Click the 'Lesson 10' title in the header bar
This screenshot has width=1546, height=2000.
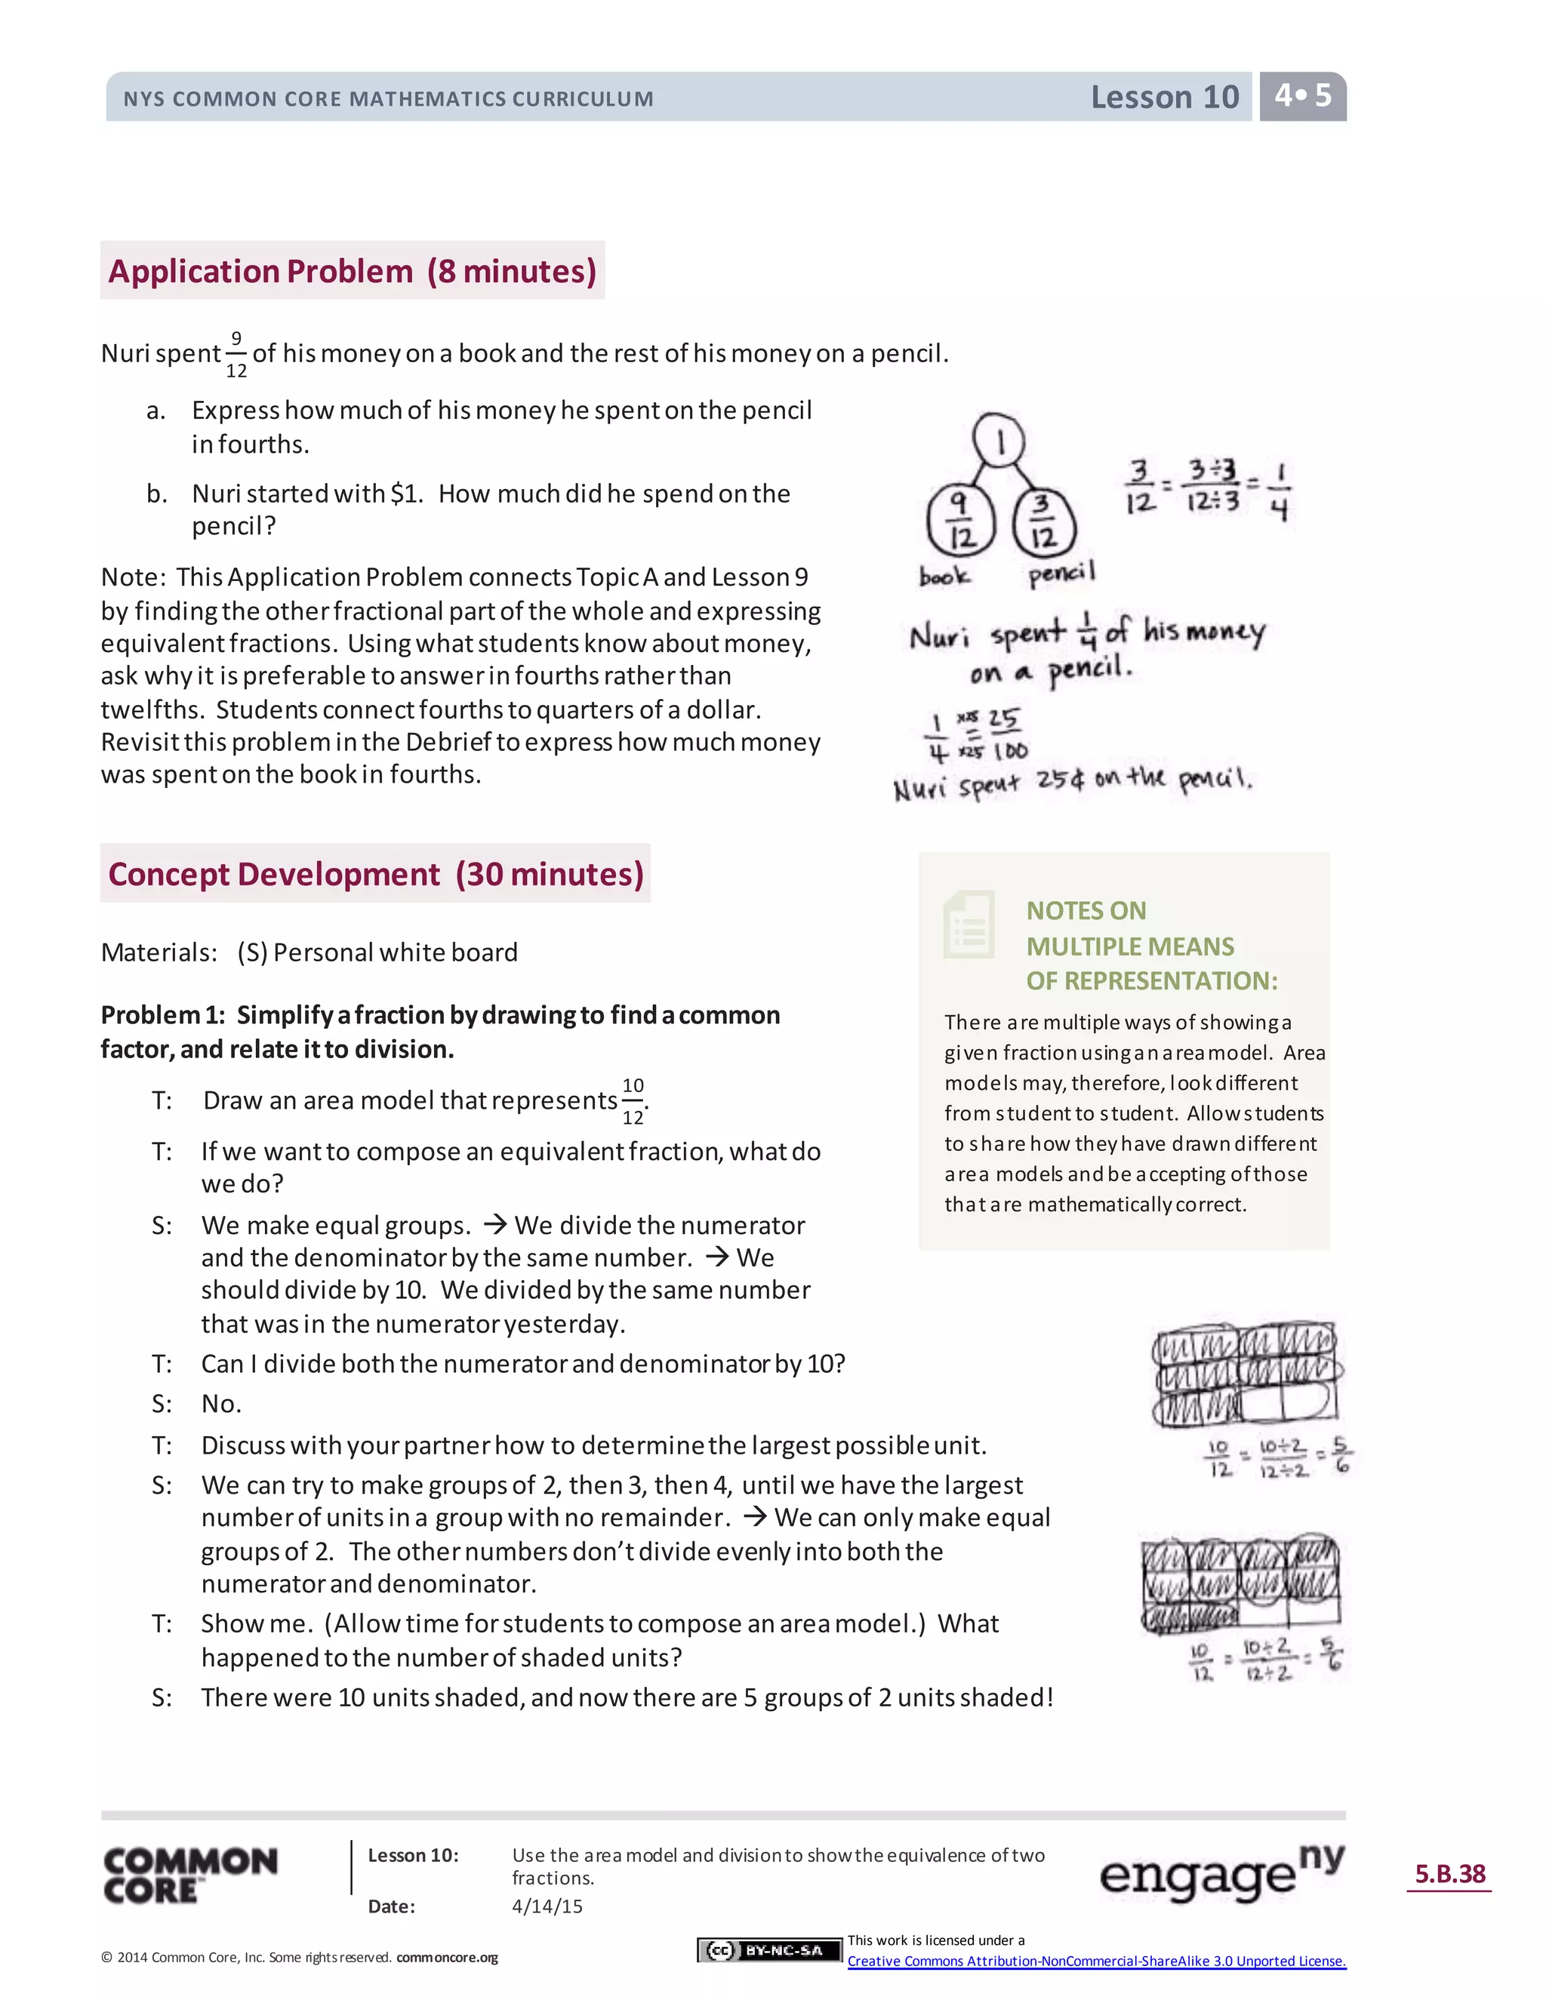point(1164,97)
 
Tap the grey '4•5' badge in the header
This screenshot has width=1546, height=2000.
point(1302,96)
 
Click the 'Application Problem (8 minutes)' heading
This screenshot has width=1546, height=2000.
point(353,271)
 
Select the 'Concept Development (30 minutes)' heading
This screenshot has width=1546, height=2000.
point(375,874)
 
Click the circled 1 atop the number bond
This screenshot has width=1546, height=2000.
point(999,442)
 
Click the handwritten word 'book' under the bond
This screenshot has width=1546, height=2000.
point(944,576)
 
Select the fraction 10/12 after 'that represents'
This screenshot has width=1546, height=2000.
point(633,1100)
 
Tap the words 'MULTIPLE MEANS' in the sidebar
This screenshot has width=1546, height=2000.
point(1129,946)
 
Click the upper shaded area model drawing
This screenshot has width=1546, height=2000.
point(1246,1374)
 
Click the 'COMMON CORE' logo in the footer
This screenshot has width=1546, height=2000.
point(190,1875)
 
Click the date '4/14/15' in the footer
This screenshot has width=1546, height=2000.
point(547,1906)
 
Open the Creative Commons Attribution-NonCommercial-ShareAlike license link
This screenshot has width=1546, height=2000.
point(1096,1961)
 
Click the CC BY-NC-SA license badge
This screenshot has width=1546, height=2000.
point(768,1950)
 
